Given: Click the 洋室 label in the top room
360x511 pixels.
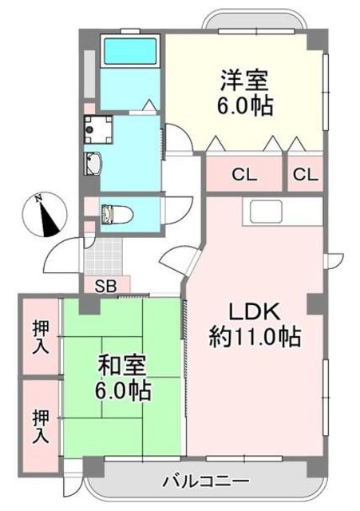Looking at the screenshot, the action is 244,80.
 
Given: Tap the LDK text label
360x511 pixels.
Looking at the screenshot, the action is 255,312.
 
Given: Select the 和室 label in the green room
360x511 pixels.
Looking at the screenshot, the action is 122,366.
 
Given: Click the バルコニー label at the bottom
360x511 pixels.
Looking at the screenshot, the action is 206,481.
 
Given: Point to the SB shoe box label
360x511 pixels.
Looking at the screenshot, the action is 106,286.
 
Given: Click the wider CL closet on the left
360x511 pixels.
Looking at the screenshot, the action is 244,175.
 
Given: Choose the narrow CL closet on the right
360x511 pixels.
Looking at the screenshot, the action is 305,175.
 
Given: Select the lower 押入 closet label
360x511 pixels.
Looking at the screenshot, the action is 41,426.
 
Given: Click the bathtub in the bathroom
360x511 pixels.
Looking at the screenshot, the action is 130,51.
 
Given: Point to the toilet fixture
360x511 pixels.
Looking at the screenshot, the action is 117,214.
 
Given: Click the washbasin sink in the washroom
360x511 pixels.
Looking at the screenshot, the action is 93,163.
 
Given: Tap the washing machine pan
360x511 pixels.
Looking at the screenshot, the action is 98,129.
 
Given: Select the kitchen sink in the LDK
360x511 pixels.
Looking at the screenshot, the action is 266,212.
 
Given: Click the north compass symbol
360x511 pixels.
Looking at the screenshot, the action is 45,215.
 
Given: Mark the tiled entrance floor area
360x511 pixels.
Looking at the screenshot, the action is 103,256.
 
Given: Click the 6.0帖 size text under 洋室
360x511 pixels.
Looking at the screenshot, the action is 245,105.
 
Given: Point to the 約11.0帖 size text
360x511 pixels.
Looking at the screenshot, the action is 255,337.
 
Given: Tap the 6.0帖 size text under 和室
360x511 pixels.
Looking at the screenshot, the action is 123,390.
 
